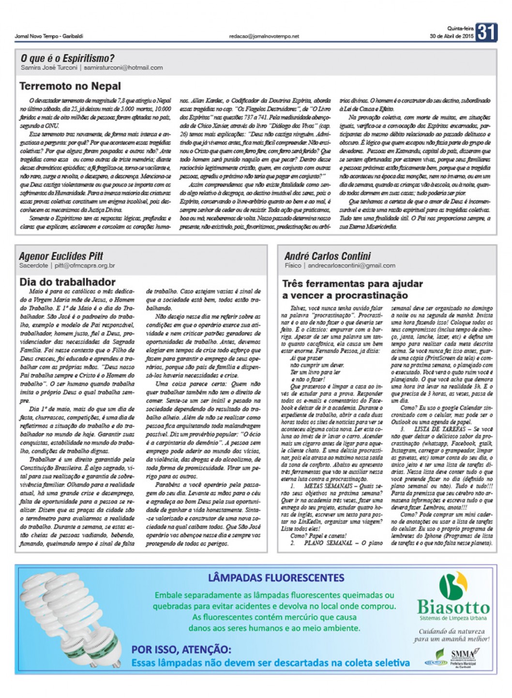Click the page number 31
click(486, 32)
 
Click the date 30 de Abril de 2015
click(452, 36)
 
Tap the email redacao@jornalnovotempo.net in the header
click(264, 36)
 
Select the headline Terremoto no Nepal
click(70, 86)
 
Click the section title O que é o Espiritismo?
click(67, 59)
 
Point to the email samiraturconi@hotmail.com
click(123, 68)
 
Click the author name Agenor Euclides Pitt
click(61, 256)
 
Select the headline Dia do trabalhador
click(67, 282)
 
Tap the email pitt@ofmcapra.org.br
click(85, 266)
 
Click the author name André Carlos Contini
click(328, 256)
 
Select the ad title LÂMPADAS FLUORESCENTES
click(276, 578)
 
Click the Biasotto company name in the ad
click(453, 607)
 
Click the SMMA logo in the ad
click(463, 654)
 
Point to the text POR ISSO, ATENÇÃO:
click(181, 650)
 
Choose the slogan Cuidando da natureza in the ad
click(452, 631)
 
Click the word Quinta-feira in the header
click(460, 28)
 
